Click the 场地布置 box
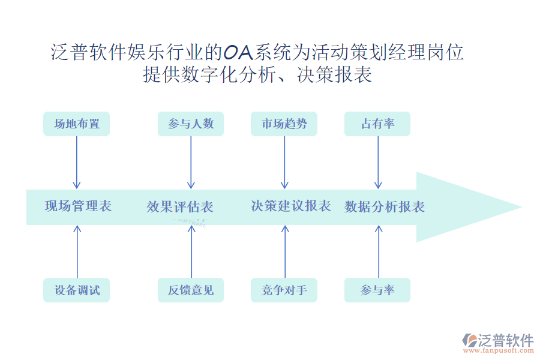[77, 124]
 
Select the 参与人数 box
[191, 124]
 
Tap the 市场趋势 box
[284, 124]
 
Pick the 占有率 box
[377, 124]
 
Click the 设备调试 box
[77, 290]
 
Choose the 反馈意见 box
[191, 290]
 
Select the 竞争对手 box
[284, 290]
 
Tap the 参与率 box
[377, 290]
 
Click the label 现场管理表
[78, 206]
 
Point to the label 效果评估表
[180, 207]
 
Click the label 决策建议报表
[291, 206]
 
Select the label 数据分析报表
[385, 207]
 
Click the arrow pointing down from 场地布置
[77, 162]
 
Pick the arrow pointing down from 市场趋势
[284, 162]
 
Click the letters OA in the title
[238, 53]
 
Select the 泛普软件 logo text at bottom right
[505, 340]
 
